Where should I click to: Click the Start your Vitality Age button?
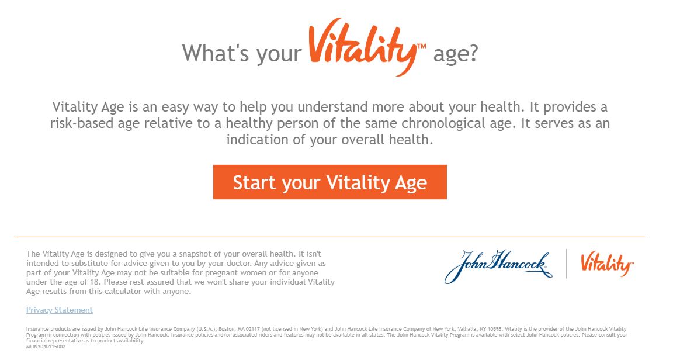329,182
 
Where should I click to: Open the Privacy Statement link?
60,310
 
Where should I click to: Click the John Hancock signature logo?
498,266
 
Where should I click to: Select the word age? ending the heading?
456,54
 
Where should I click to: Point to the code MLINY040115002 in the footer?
46,347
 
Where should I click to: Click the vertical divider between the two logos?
567,264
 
